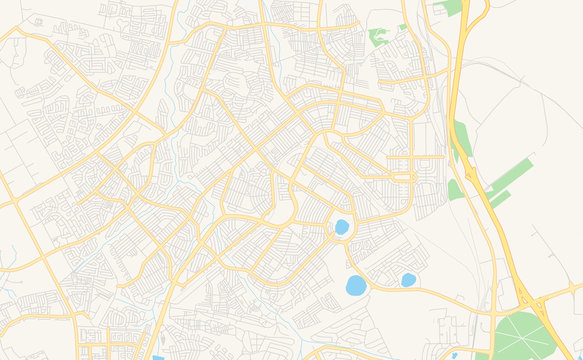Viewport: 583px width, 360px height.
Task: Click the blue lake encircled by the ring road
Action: (342, 227)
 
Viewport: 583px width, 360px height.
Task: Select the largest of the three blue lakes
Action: (356, 285)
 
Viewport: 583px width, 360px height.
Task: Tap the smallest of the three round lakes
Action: (408, 280)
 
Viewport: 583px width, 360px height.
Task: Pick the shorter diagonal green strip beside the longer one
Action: (499, 198)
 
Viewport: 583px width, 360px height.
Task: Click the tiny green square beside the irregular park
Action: (402, 27)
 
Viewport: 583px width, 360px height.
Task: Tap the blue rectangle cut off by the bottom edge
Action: (158, 357)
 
